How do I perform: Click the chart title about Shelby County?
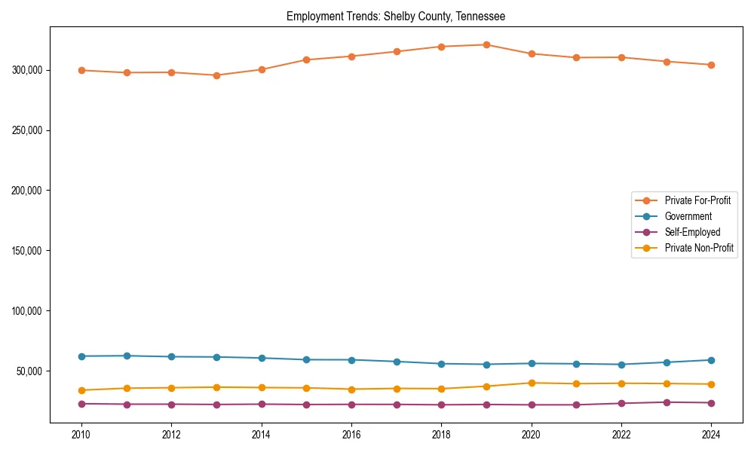[396, 16]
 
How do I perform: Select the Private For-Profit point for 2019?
[486, 44]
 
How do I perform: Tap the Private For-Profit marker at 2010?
[81, 70]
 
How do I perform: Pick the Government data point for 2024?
[711, 360]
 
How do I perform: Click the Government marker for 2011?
[127, 356]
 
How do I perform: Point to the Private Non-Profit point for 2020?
[532, 383]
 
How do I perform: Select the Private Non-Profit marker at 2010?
[81, 390]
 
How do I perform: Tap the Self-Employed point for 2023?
[666, 402]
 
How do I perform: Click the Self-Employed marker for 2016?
[351, 405]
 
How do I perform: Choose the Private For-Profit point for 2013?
[216, 75]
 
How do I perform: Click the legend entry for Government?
[688, 216]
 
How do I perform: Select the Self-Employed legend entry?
[692, 232]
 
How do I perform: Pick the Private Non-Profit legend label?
[699, 248]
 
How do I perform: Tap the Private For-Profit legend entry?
[697, 200]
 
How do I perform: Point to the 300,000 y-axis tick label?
[27, 70]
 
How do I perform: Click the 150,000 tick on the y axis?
[27, 251]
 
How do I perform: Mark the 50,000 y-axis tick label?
[29, 371]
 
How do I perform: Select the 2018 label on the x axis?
[441, 435]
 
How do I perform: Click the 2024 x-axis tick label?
[711, 435]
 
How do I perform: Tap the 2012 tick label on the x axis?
[171, 435]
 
